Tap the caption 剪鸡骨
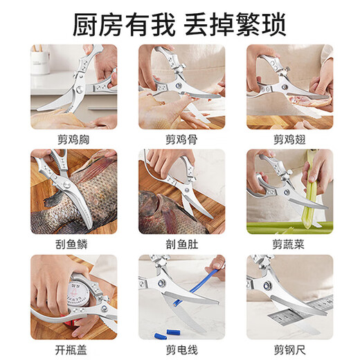point(181,138)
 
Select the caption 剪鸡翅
point(289,138)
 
